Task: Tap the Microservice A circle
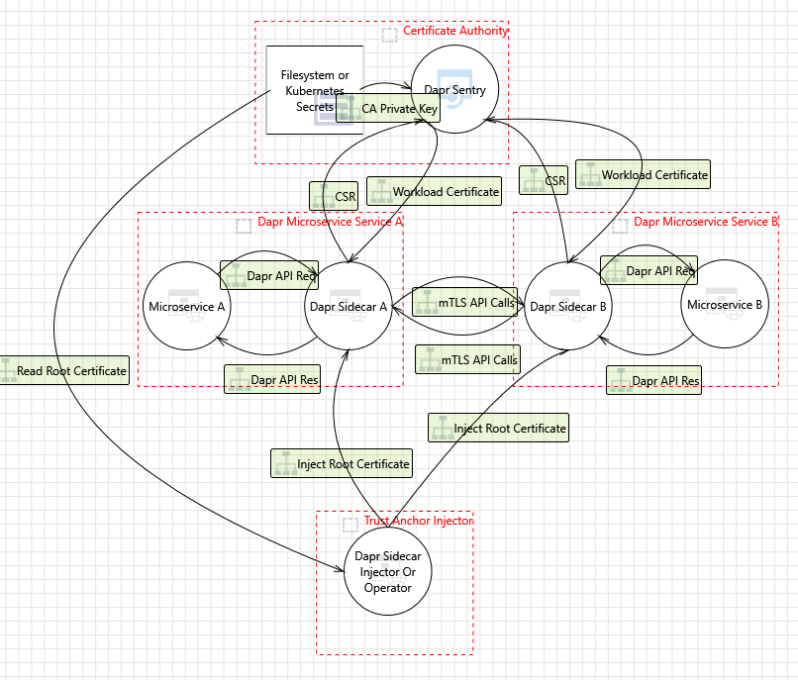click(x=187, y=307)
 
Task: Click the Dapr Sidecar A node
click(x=349, y=307)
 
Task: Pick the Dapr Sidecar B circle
click(x=568, y=307)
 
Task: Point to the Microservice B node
click(x=726, y=305)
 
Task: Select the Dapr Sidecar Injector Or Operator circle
click(x=388, y=570)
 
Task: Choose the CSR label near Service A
click(x=334, y=196)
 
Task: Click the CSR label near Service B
click(x=544, y=180)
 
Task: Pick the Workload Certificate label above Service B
click(x=644, y=175)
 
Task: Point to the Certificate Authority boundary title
click(x=455, y=31)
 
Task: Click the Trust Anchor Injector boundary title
click(x=419, y=520)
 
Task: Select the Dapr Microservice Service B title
click(x=706, y=222)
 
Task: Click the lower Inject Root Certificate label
click(x=342, y=463)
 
